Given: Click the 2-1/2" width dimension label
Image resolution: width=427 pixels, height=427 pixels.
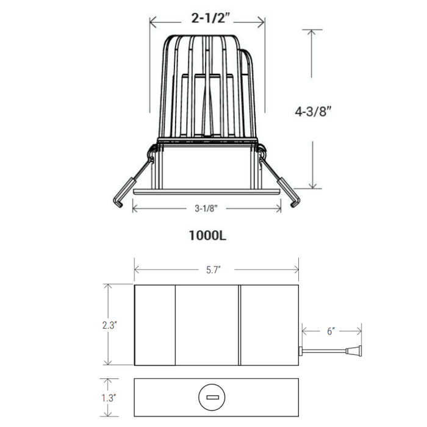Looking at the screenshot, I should [x=207, y=19].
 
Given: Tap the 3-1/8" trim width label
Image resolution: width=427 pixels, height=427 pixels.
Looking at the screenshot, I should [x=207, y=208].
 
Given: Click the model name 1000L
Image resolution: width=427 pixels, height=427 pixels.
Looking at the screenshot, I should [x=207, y=234].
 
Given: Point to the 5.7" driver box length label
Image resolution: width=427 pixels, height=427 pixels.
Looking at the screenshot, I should [x=216, y=269].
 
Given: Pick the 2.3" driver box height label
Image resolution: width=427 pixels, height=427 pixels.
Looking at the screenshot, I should [x=110, y=325].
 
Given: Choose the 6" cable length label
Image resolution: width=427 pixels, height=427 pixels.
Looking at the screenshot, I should [x=331, y=331].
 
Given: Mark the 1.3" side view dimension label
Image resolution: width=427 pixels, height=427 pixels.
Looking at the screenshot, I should [x=110, y=398].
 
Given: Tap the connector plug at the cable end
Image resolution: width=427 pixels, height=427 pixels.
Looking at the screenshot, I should [x=353, y=351].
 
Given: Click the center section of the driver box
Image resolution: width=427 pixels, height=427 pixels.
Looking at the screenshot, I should [x=207, y=325].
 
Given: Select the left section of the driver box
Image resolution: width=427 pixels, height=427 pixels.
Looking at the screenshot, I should [x=155, y=325].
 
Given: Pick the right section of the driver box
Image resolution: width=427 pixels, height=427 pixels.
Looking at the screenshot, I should [x=268, y=325].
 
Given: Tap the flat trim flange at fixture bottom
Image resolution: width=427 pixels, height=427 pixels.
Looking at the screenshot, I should [x=207, y=192].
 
